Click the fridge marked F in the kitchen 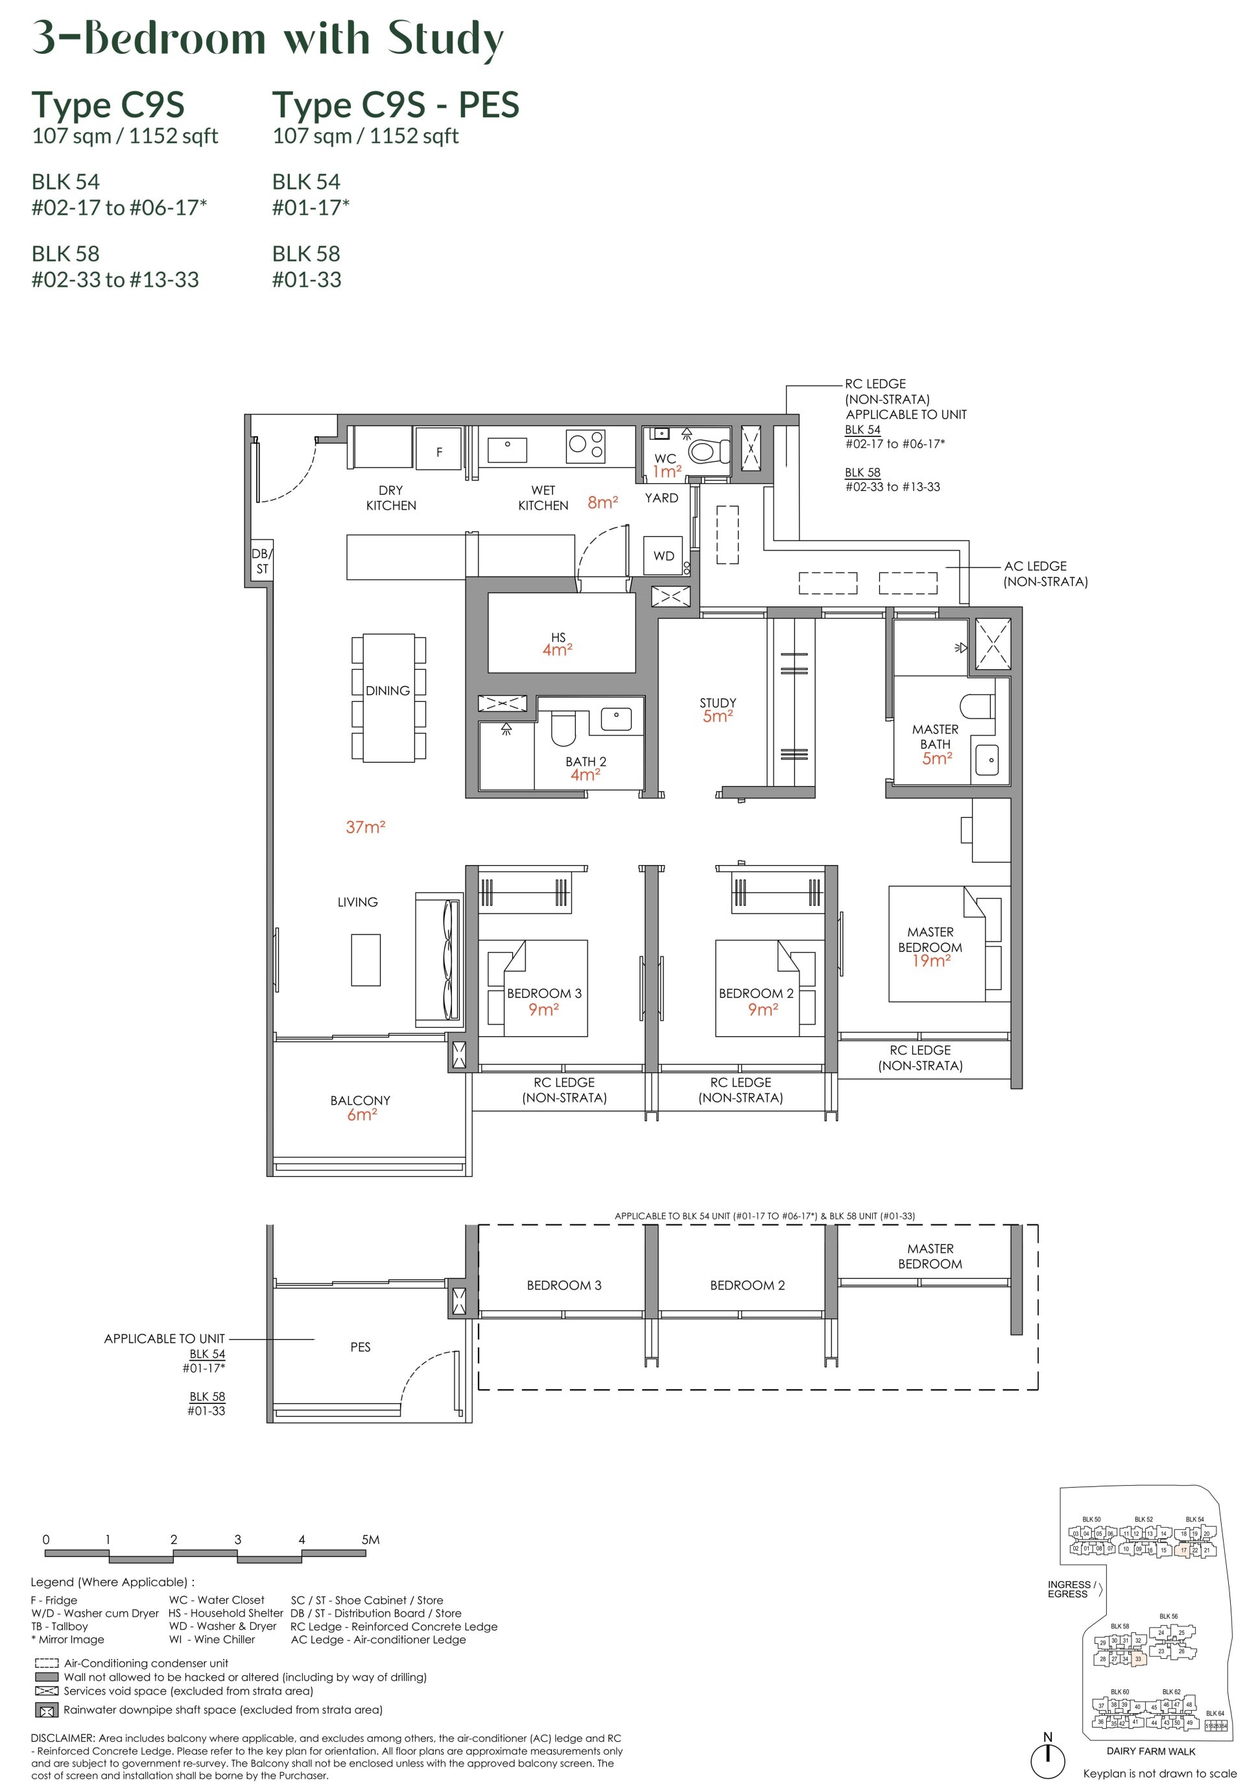click(x=438, y=448)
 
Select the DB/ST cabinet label click(x=261, y=560)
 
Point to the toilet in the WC click(x=708, y=451)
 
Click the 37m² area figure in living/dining click(x=365, y=827)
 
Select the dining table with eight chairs click(x=388, y=697)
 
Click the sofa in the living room click(x=438, y=960)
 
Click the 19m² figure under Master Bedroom click(x=931, y=961)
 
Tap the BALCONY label click(x=360, y=1100)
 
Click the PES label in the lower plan click(x=360, y=1346)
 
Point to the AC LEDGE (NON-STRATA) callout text click(x=1045, y=573)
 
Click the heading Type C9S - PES click(x=395, y=104)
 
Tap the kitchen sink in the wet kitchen click(x=506, y=449)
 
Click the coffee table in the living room click(x=365, y=960)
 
